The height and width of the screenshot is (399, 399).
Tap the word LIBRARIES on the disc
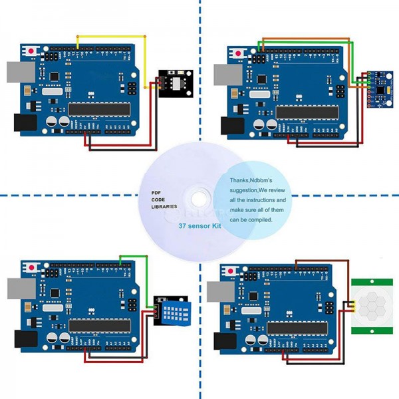coord(165,207)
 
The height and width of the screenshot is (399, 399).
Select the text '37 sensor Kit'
coord(199,226)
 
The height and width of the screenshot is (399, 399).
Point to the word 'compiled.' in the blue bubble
coord(257,219)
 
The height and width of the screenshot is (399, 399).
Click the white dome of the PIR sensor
coord(372,303)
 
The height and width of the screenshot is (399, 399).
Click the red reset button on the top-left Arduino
coord(31,51)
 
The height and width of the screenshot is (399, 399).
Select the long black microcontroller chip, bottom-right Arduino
coord(303,327)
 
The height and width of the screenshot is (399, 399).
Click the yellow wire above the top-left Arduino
coord(110,35)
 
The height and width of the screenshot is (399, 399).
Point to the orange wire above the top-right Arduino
coord(306,39)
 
